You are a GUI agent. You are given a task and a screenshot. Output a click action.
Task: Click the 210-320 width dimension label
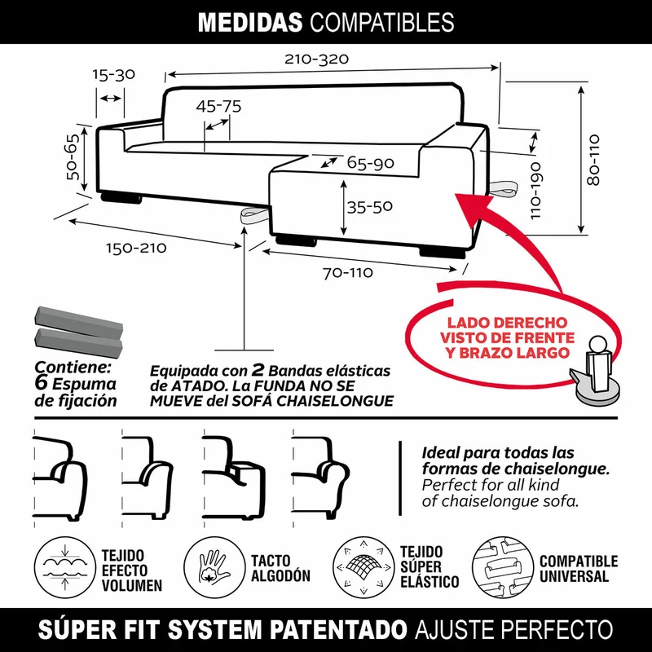[316, 59]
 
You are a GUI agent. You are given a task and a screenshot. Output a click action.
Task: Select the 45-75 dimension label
[218, 107]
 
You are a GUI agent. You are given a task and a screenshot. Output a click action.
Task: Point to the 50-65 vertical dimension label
[73, 156]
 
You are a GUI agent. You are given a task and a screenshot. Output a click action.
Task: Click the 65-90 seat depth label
[371, 163]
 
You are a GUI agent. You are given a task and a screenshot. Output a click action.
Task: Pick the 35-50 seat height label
[370, 207]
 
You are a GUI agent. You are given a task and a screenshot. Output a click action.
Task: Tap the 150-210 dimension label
[136, 249]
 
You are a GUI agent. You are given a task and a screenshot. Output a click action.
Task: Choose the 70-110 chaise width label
[348, 273]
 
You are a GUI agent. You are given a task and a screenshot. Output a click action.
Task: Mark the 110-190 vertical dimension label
[536, 191]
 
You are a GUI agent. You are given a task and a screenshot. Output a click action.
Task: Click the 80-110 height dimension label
[594, 160]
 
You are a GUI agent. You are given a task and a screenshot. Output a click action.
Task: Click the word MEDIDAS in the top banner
[250, 22]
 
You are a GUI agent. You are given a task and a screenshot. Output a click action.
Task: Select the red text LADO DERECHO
[507, 323]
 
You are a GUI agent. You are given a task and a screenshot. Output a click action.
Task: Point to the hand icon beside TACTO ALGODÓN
[214, 567]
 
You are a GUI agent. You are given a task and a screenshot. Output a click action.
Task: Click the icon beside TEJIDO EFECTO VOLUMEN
[64, 567]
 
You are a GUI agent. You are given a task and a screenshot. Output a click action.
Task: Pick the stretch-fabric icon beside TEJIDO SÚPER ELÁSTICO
[363, 567]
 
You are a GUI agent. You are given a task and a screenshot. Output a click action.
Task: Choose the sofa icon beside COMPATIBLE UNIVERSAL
[503, 567]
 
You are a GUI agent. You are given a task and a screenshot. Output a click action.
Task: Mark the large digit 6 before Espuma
[41, 383]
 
